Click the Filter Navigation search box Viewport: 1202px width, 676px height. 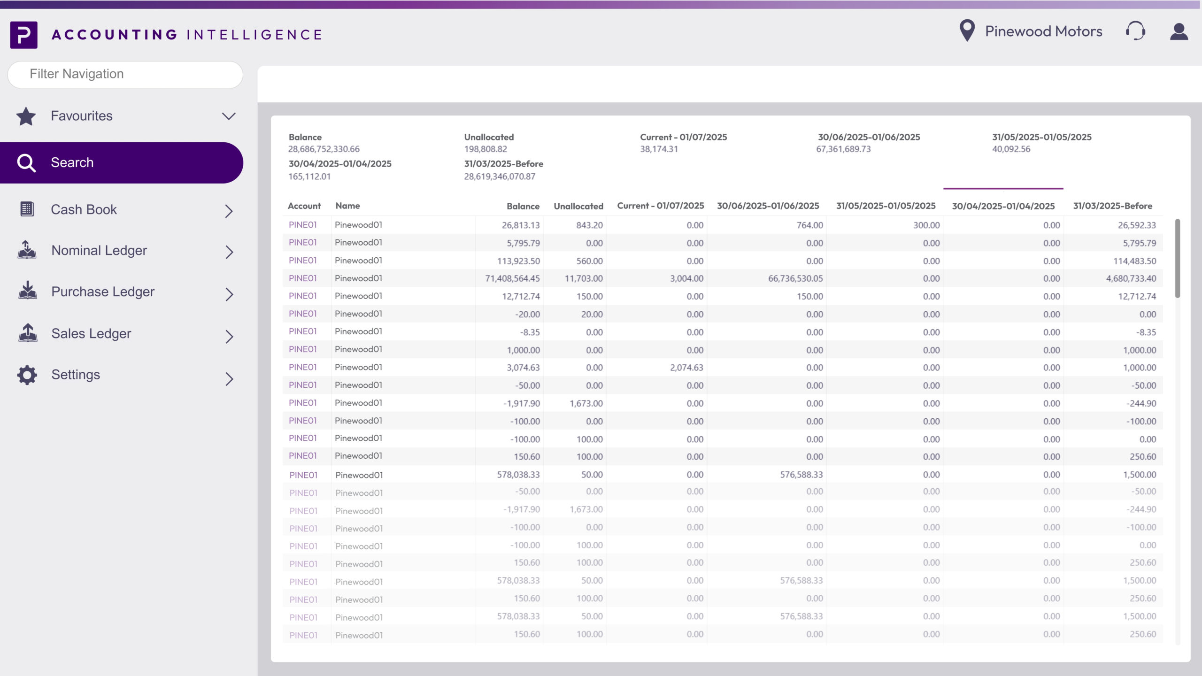[x=125, y=74]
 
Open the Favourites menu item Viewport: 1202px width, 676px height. [x=82, y=116]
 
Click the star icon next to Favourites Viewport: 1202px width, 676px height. [x=26, y=116]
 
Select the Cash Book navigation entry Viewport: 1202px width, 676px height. [x=84, y=209]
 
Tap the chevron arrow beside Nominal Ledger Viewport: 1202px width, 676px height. [x=229, y=252]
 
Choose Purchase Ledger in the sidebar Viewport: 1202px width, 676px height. [x=103, y=292]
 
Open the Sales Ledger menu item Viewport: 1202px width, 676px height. [x=91, y=333]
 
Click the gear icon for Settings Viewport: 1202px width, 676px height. [x=27, y=375]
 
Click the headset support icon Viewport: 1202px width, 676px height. [x=1135, y=31]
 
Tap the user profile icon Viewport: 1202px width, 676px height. [x=1179, y=32]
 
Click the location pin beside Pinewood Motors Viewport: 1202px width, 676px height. [x=967, y=31]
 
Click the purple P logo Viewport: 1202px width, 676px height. [x=23, y=35]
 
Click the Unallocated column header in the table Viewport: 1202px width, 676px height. [x=578, y=206]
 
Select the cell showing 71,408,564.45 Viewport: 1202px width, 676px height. [x=512, y=278]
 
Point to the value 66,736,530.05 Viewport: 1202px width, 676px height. [x=795, y=278]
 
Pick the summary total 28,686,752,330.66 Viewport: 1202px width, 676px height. [x=324, y=149]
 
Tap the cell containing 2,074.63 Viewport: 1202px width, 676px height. [x=686, y=368]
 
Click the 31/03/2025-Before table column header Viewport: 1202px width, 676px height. [x=1112, y=206]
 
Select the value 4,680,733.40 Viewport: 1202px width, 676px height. [x=1131, y=278]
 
